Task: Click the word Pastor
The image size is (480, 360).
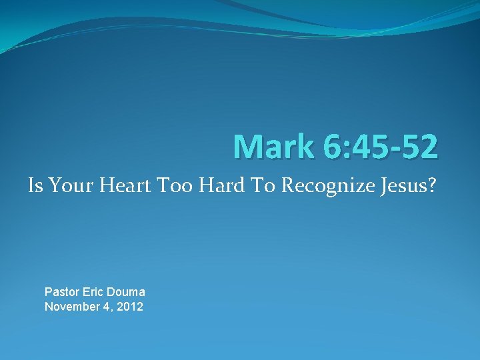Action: pos(61,292)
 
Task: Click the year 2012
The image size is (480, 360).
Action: pos(129,307)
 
